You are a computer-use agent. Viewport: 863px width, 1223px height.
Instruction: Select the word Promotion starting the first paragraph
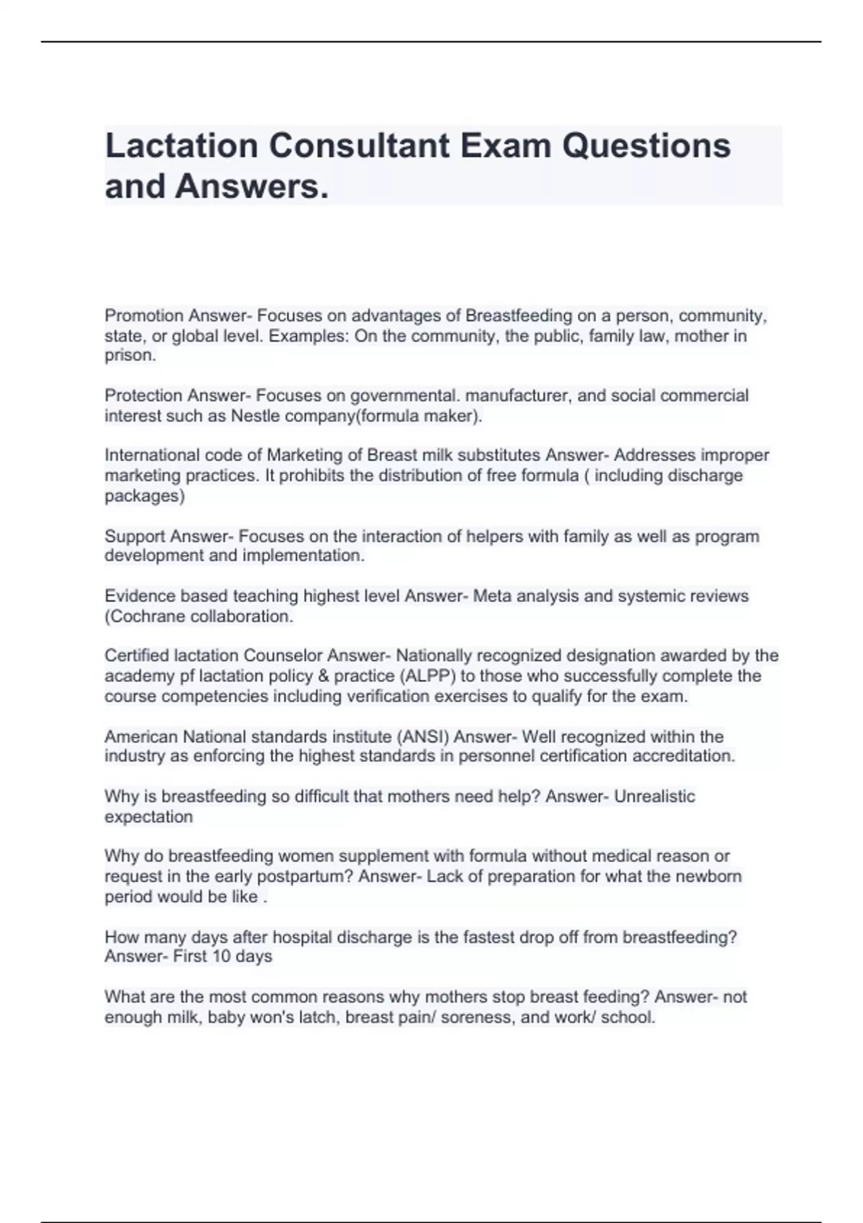(x=144, y=316)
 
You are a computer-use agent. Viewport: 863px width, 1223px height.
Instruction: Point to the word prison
(x=129, y=355)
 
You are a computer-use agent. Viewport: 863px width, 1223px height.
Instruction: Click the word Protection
(x=143, y=396)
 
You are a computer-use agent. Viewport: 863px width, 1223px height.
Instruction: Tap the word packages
(x=143, y=496)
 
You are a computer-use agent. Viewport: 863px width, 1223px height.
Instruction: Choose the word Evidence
(x=140, y=596)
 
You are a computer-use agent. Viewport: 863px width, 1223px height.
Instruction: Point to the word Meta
(x=491, y=596)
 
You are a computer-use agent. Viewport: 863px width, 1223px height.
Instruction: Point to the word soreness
(x=493, y=1017)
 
